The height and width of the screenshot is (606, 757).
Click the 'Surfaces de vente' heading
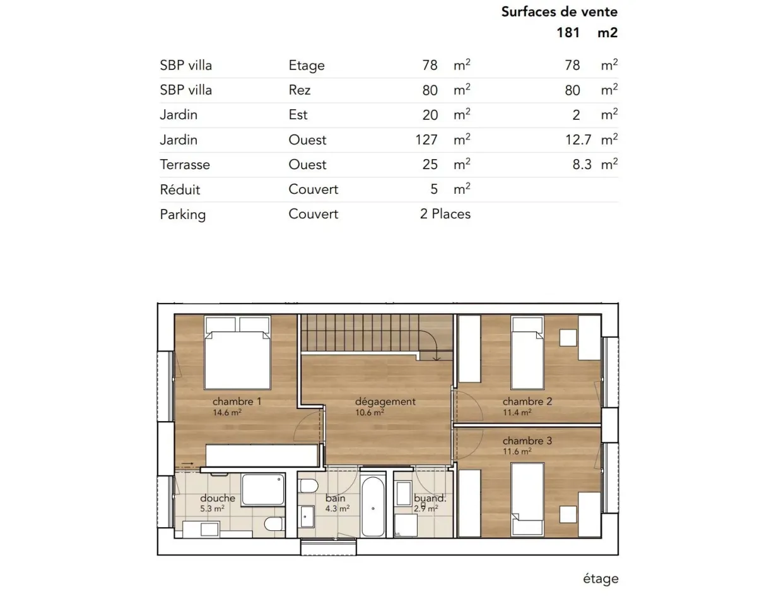[559, 11]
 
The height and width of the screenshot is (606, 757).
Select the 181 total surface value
[568, 33]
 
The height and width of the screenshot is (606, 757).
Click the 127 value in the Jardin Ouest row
[426, 140]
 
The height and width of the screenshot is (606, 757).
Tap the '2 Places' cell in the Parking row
[445, 214]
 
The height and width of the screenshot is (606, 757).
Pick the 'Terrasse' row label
[185, 165]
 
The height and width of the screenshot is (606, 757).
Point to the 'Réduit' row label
[180, 189]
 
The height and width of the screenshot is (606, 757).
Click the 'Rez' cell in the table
[300, 90]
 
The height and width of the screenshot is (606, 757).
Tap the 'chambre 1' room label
[237, 401]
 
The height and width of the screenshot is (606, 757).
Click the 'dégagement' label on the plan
[385, 401]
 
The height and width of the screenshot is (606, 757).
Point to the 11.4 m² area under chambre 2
[517, 412]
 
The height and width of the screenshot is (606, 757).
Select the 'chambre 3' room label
[527, 441]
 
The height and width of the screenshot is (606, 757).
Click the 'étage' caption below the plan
[600, 579]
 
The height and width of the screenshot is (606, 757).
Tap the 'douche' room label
[217, 498]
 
